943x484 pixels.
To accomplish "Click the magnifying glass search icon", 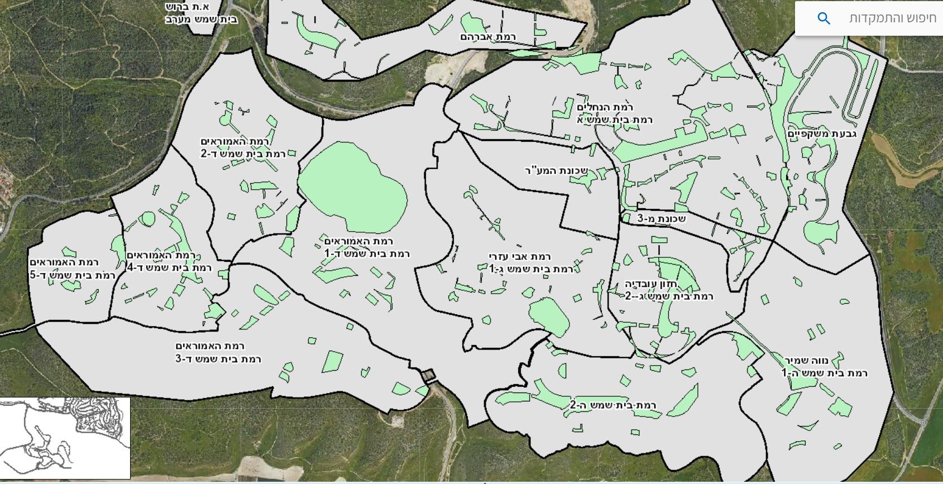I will pyautogui.click(x=824, y=18).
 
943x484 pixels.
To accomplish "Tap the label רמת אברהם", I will pyautogui.click(x=488, y=37).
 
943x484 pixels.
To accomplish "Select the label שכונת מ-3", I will pyautogui.click(x=662, y=219).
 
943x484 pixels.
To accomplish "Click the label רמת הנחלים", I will pyautogui.click(x=605, y=107).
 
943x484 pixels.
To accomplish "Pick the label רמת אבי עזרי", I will pyautogui.click(x=520, y=257).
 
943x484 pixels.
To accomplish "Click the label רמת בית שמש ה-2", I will pyautogui.click(x=613, y=405).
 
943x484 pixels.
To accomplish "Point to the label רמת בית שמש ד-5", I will pyautogui.click(x=73, y=275).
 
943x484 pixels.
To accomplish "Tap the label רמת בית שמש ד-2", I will pyautogui.click(x=243, y=154).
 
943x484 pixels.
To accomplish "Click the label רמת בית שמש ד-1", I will pyautogui.click(x=367, y=253).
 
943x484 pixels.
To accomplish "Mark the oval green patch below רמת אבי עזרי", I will pyautogui.click(x=549, y=318).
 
